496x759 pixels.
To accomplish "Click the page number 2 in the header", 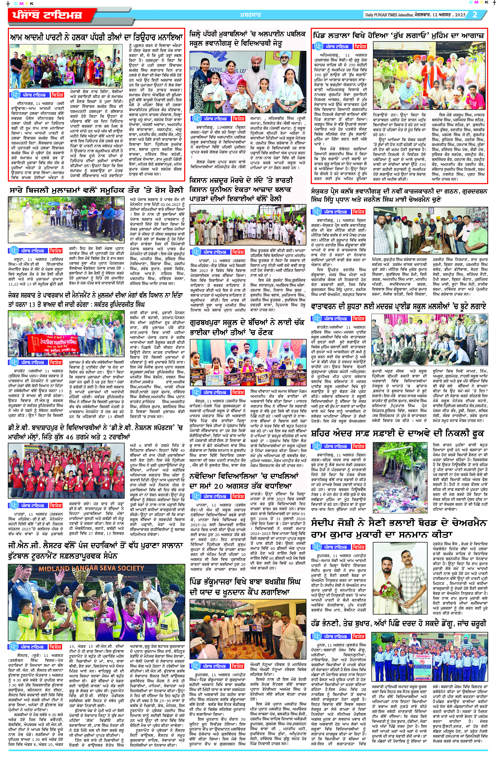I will click(x=475, y=15).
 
